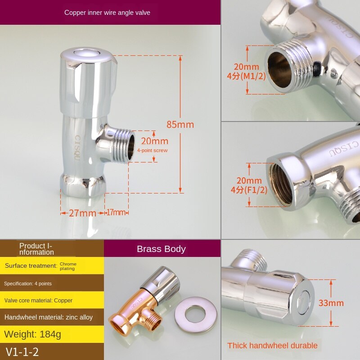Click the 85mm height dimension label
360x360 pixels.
tap(180, 125)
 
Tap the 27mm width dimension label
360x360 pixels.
tap(82, 213)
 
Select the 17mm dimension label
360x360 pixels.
tap(116, 212)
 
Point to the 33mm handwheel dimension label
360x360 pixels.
tap(331, 303)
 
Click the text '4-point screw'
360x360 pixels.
tap(153, 150)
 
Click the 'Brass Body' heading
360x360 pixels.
tap(161, 249)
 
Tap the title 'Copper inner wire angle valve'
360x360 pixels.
tap(107, 13)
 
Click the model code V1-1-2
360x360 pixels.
tap(22, 351)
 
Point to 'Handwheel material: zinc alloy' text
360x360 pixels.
tap(49, 317)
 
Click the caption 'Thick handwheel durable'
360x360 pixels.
tap(272, 345)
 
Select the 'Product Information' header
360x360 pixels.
tap(36, 249)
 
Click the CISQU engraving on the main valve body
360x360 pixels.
tap(78, 148)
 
